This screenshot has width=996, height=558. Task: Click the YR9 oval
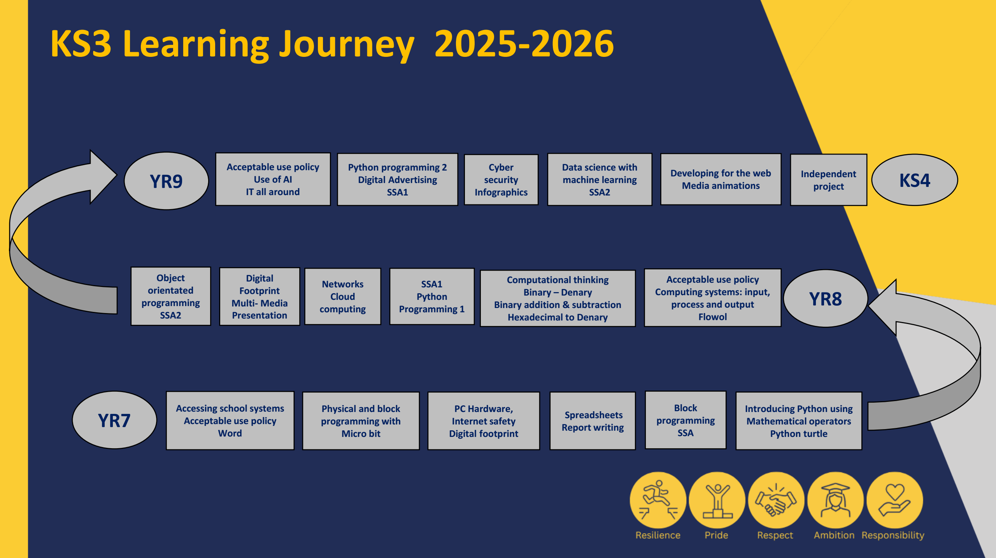pyautogui.click(x=167, y=181)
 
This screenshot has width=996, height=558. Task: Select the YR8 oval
pyautogui.click(x=826, y=299)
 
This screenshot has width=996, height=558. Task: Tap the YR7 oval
pyautogui.click(x=114, y=420)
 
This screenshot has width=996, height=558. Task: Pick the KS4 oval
pyautogui.click(x=915, y=180)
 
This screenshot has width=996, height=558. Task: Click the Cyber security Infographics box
pyautogui.click(x=501, y=180)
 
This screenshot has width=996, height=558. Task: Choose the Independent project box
pyautogui.click(x=829, y=180)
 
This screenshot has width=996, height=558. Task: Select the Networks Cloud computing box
pyautogui.click(x=343, y=296)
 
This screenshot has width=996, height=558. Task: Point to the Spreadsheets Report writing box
pyautogui.click(x=593, y=421)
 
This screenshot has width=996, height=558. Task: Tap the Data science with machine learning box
pyautogui.click(x=600, y=180)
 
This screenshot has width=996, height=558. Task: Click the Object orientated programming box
pyautogui.click(x=171, y=296)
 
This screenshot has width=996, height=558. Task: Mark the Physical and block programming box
pyautogui.click(x=361, y=421)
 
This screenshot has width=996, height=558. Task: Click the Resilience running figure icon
pyautogui.click(x=658, y=500)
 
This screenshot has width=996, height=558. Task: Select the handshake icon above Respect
pyautogui.click(x=776, y=500)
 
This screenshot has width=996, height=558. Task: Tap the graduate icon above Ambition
pyautogui.click(x=835, y=500)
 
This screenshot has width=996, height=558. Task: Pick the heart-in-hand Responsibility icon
pyautogui.click(x=895, y=500)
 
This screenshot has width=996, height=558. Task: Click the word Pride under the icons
pyautogui.click(x=716, y=535)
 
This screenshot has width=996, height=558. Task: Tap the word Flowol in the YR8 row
pyautogui.click(x=712, y=317)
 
